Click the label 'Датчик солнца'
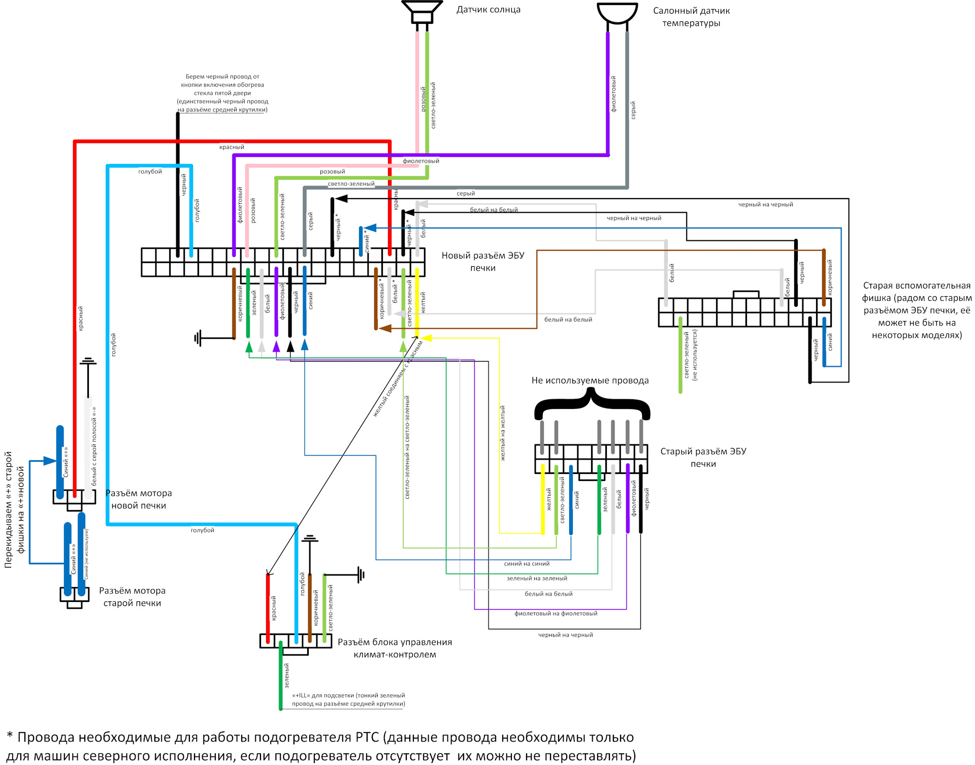coord(488,10)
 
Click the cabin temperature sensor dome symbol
coord(617,13)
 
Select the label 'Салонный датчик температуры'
coord(691,17)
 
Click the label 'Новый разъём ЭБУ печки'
coord(482,262)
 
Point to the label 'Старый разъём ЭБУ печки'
coord(703,457)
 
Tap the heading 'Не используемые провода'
coord(590,380)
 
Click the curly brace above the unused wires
coord(592,404)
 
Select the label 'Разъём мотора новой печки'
coord(139,499)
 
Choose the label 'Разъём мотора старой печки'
coord(132,596)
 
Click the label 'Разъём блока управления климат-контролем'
coord(395,648)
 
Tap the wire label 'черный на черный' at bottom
coord(565,635)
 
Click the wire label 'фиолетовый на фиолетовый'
coord(556,614)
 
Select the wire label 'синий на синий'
coord(527,564)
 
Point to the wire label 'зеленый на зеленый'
coord(537,579)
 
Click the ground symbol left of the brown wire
coord(198,338)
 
